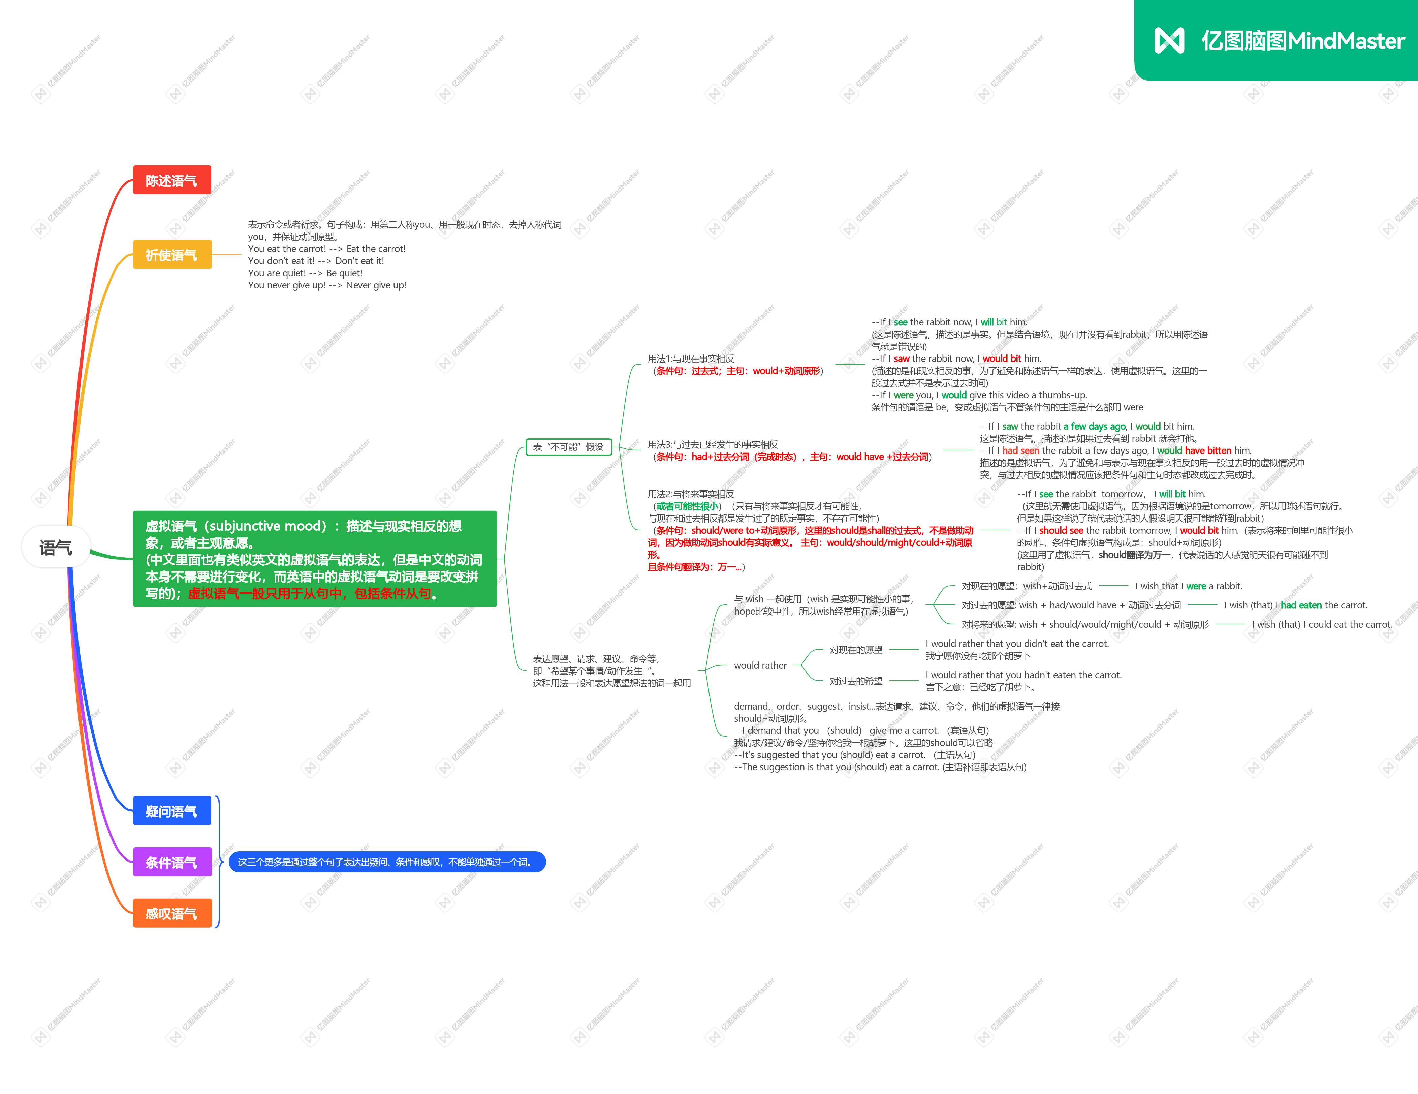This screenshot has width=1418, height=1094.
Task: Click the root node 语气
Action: pos(56,547)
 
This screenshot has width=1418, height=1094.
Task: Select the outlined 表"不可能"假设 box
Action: pos(568,447)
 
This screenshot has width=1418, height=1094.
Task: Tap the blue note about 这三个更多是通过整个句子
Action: pos(387,862)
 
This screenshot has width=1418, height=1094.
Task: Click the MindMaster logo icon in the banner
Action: pos(1169,40)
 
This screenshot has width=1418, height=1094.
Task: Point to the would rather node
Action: pos(760,665)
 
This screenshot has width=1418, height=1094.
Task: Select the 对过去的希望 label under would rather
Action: pos(856,681)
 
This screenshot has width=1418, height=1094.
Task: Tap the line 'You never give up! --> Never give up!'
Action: pos(326,285)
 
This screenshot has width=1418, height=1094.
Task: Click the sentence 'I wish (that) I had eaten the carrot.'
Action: pos(1295,605)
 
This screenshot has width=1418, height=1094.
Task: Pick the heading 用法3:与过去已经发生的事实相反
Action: pos(712,445)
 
